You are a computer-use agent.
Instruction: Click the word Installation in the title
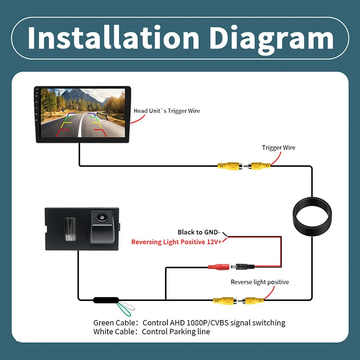[x=113, y=37]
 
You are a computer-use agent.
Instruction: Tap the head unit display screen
[x=83, y=113]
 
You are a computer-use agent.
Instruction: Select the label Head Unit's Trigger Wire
[x=166, y=111]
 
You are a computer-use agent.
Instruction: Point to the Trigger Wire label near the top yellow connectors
[x=279, y=148]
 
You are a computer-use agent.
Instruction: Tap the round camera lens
[x=101, y=216]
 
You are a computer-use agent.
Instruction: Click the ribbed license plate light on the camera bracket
[x=70, y=229]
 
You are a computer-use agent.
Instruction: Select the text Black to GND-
[x=199, y=232]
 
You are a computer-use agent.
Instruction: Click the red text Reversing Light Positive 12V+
[x=176, y=242]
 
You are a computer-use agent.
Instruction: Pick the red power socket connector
[x=219, y=267]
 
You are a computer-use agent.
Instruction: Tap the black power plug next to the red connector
[x=243, y=267]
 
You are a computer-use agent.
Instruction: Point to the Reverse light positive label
[x=260, y=282]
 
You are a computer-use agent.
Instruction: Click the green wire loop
[x=123, y=310]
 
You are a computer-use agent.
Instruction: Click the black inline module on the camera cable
[x=106, y=300]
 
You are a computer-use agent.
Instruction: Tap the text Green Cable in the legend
[x=114, y=323]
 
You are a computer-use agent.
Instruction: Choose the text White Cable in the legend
[x=114, y=332]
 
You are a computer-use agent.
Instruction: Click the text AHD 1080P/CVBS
[x=199, y=323]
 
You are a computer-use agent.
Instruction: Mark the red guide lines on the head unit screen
[x=81, y=133]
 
